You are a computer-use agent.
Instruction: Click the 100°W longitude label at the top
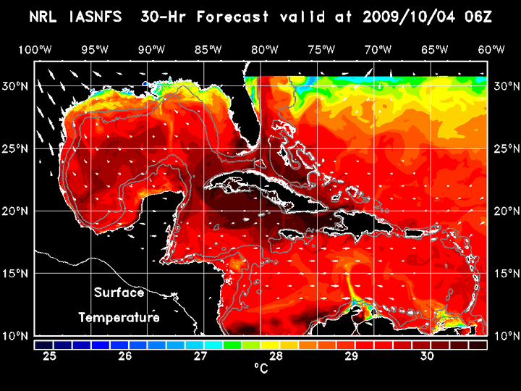(x=34, y=49)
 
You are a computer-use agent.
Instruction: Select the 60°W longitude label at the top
(x=491, y=49)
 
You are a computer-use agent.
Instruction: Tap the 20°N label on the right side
(x=505, y=211)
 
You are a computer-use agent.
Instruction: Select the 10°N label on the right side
(x=505, y=336)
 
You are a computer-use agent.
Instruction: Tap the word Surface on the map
(x=119, y=293)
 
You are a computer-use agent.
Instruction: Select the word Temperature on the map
(x=119, y=318)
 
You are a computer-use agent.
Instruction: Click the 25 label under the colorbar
(x=50, y=356)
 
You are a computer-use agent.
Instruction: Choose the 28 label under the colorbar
(x=276, y=356)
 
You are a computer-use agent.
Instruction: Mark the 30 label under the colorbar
(x=426, y=356)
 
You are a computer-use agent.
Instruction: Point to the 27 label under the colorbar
(x=200, y=356)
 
